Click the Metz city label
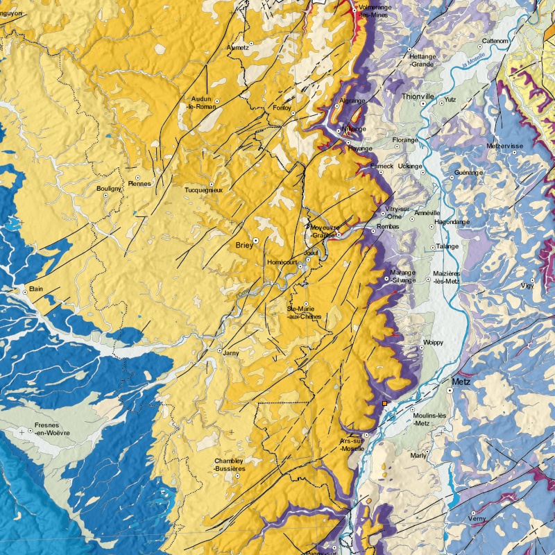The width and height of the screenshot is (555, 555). pyautogui.click(x=461, y=382)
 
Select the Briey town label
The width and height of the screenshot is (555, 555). pyautogui.click(x=244, y=246)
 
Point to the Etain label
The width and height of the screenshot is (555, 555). pyautogui.click(x=36, y=287)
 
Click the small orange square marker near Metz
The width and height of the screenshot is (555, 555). pyautogui.click(x=385, y=402)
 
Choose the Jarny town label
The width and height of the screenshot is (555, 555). pyautogui.click(x=231, y=352)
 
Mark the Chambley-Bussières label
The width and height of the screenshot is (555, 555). pyautogui.click(x=230, y=465)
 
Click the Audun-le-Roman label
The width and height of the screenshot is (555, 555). pyautogui.click(x=204, y=103)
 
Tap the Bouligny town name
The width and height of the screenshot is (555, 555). pyautogui.click(x=110, y=188)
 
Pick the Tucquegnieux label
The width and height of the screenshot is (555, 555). pyautogui.click(x=203, y=189)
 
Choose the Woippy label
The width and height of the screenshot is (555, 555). pyautogui.click(x=433, y=343)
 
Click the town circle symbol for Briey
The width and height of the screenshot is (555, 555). pyautogui.click(x=255, y=240)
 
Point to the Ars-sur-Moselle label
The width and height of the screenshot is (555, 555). pyautogui.click(x=353, y=445)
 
